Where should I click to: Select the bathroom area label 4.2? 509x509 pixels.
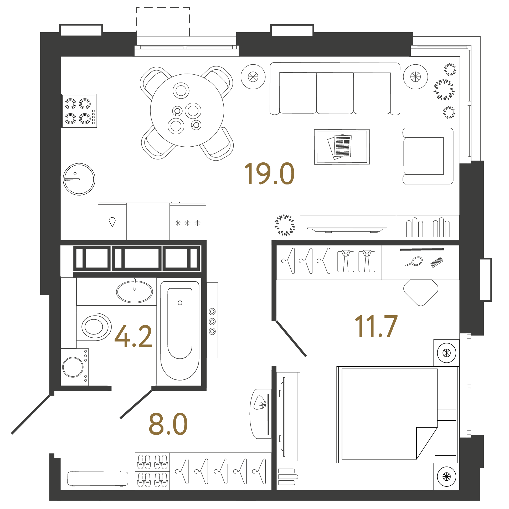(x=133, y=336)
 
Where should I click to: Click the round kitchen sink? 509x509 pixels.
(x=79, y=179)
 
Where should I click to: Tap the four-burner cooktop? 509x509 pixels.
(x=79, y=111)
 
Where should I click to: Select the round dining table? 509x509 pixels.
(x=187, y=110)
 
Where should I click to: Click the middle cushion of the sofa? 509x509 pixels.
(x=335, y=93)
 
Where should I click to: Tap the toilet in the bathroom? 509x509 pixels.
(x=94, y=327)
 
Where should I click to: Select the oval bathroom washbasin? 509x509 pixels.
(x=134, y=292)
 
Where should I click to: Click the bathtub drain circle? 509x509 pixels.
(x=180, y=303)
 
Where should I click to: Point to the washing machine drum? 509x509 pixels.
(x=73, y=367)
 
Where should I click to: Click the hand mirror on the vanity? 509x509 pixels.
(x=415, y=262)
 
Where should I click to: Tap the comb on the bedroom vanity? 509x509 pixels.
(x=436, y=263)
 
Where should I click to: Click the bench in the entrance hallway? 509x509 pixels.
(x=97, y=479)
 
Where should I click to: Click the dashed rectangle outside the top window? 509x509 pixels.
(x=163, y=21)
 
